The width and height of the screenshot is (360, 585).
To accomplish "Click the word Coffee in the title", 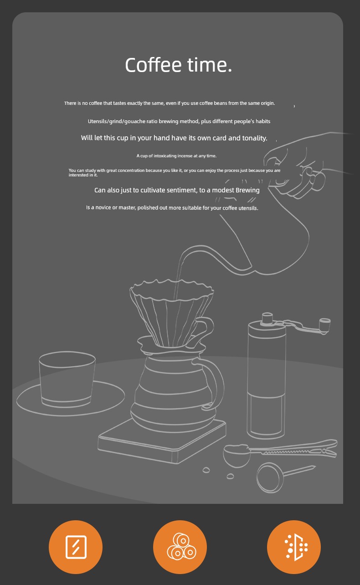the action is (153, 65).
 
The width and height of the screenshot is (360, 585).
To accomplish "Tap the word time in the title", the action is (207, 65).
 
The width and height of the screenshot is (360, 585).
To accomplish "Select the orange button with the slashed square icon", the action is (76, 547).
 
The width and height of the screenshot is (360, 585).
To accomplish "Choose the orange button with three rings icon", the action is (180, 547).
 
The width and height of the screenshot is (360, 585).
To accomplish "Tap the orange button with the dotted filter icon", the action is (293, 547).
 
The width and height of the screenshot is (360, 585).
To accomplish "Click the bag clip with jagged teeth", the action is (293, 449).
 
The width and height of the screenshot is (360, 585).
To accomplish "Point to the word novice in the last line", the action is (103, 207).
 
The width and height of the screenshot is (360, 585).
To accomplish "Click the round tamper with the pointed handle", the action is (270, 477).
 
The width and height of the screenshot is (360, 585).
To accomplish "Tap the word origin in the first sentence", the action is (268, 104).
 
